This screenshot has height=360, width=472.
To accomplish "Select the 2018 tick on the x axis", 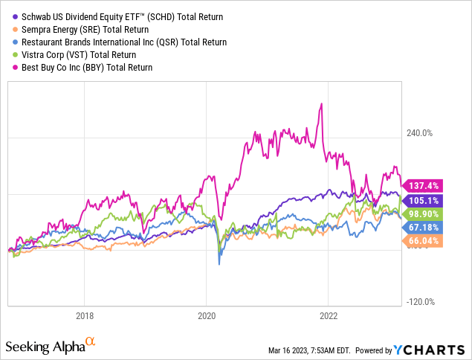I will tap(85, 315).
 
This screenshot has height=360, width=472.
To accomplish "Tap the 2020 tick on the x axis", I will tap(207, 315).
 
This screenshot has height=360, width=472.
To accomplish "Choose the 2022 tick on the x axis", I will tap(329, 315).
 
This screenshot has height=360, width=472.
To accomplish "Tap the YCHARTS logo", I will tap(437, 349).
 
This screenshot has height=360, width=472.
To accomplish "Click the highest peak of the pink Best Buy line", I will tap(321, 103).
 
